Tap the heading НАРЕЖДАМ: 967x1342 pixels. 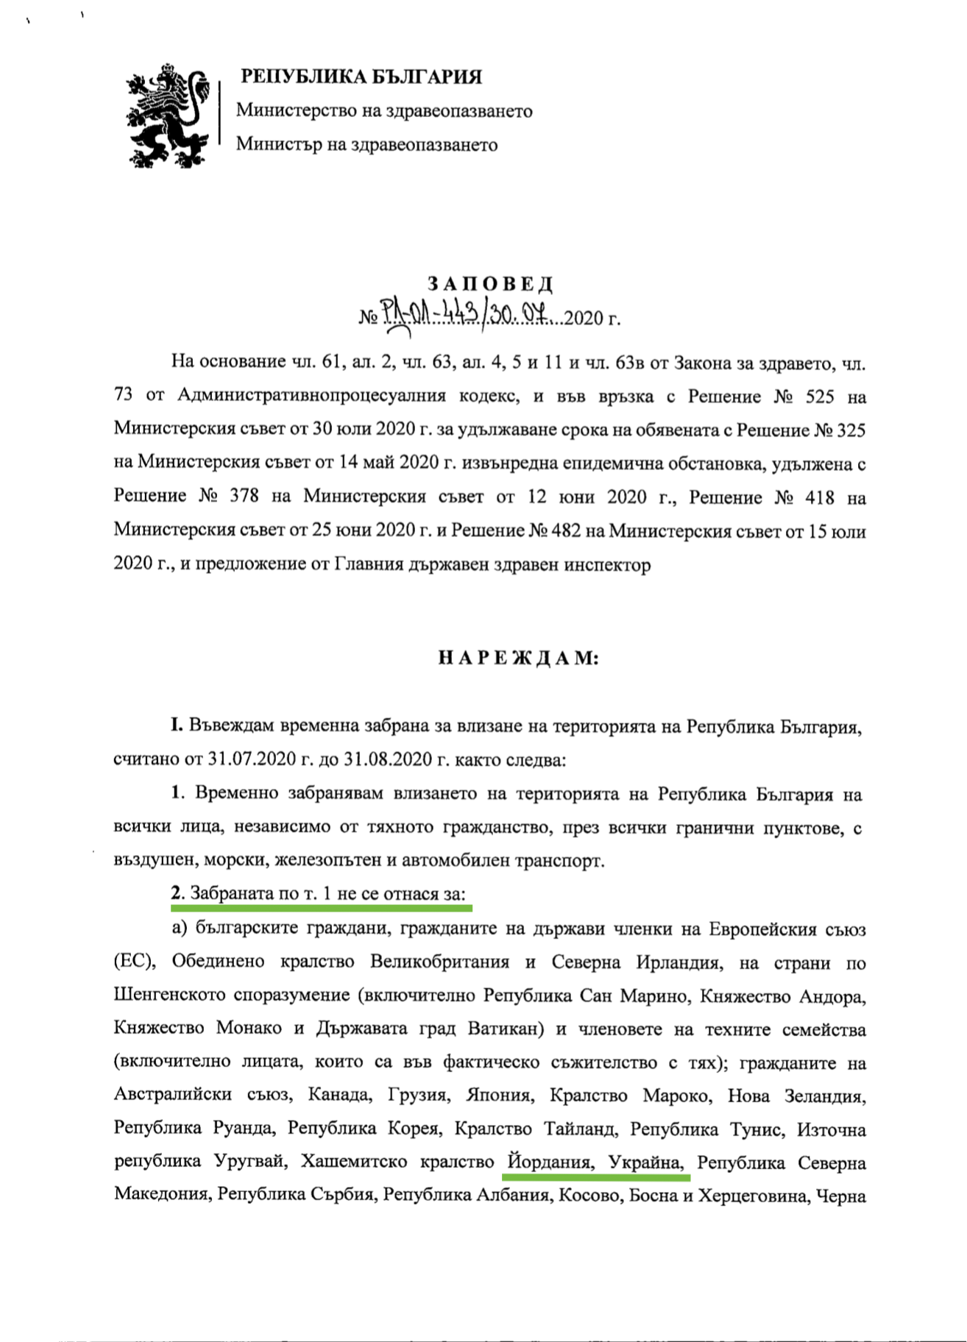[519, 658]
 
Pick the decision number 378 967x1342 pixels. [244, 497]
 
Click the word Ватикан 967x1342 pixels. [506, 1029]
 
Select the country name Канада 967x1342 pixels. [340, 1096]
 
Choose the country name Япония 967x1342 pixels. [499, 1096]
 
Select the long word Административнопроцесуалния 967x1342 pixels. [312, 397]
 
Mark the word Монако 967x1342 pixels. [248, 1029]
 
